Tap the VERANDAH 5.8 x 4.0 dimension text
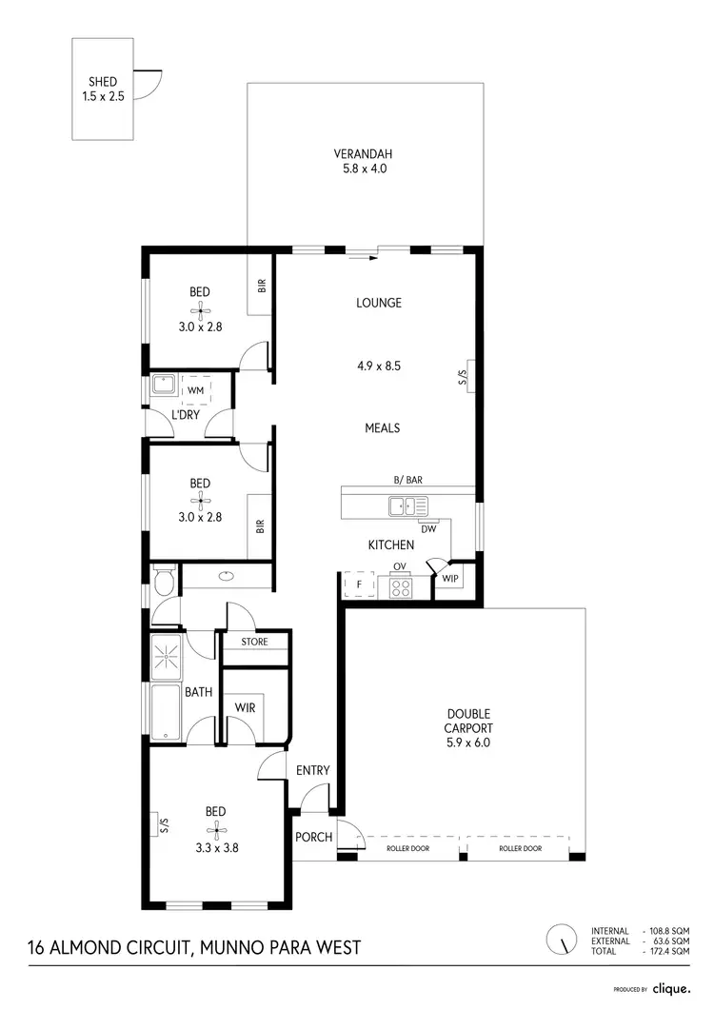[x=363, y=168]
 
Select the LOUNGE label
[x=379, y=303]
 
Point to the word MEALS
[x=383, y=428]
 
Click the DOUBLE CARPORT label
[x=469, y=721]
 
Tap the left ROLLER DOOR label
[x=409, y=848]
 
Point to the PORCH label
[x=314, y=838]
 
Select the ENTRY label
[x=313, y=770]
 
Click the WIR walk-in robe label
[x=246, y=707]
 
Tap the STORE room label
[x=254, y=642]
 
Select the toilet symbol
[x=162, y=579]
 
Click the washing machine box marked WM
[x=196, y=390]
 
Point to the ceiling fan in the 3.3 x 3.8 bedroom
[x=215, y=827]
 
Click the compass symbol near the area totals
[x=564, y=941]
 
